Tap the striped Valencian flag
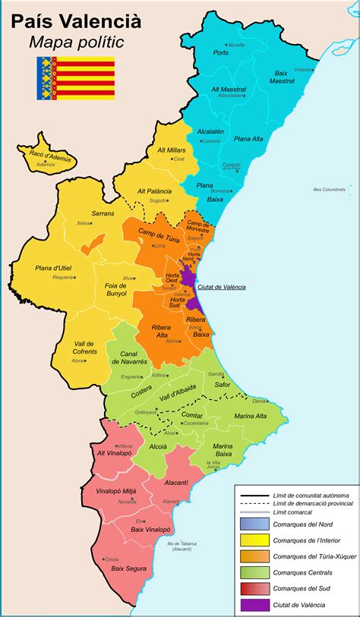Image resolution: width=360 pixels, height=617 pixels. [75, 77]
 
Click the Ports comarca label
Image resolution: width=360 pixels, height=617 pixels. [221, 52]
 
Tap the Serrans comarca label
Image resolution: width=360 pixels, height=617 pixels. [103, 213]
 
